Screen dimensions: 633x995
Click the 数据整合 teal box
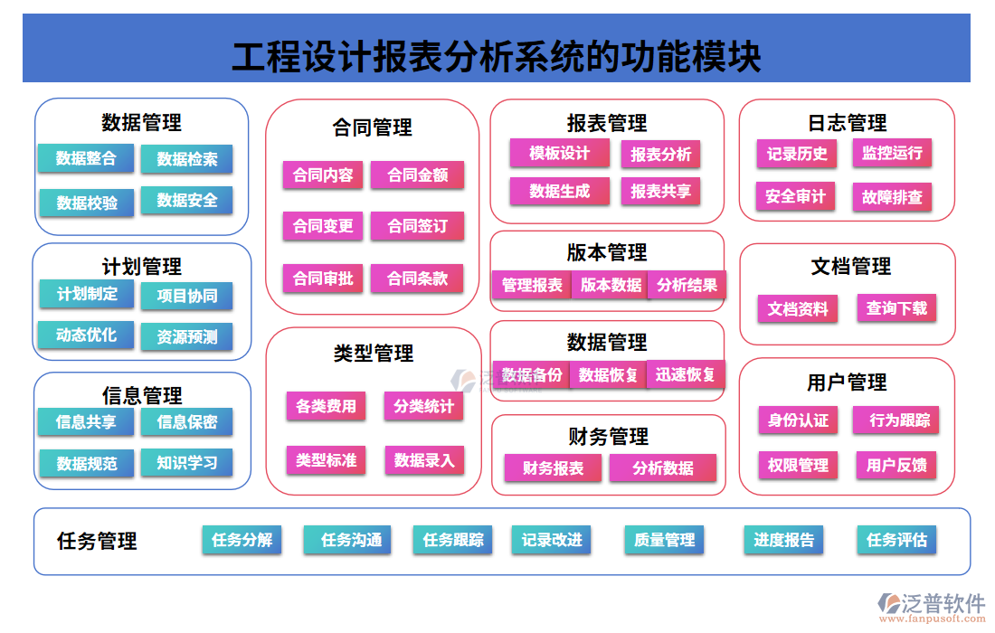(x=86, y=158)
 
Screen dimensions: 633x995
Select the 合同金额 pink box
(x=418, y=175)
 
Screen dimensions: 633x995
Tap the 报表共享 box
(x=660, y=191)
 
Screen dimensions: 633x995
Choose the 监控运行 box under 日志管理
(x=892, y=153)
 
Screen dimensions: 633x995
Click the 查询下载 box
(x=896, y=308)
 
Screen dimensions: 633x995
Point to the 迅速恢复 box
(x=686, y=373)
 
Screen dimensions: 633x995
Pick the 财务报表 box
(x=554, y=468)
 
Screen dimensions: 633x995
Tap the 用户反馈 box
(x=896, y=465)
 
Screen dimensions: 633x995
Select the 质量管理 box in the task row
(x=665, y=540)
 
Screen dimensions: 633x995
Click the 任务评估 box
(x=896, y=540)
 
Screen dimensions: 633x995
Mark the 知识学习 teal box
(x=186, y=463)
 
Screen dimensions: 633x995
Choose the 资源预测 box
(x=186, y=336)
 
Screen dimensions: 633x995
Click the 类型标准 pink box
(x=327, y=460)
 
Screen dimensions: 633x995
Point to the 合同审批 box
(x=323, y=279)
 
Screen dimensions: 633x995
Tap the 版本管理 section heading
(x=607, y=252)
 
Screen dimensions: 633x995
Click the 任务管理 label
(x=97, y=541)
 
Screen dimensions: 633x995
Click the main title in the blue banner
(x=497, y=57)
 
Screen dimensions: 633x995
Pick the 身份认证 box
(x=798, y=420)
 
